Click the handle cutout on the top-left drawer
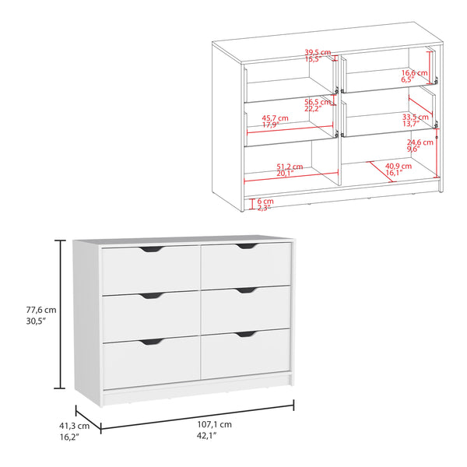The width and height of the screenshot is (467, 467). tap(153, 250)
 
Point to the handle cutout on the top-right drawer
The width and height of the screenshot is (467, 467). tap(248, 247)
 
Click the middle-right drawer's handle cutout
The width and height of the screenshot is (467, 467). tap(247, 291)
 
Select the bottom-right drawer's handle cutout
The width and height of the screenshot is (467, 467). tap(247, 335)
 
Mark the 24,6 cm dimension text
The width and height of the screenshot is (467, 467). tap(420, 142)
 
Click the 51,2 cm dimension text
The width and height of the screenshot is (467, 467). tap(284, 167)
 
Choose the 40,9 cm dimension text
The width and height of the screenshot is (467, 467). tap(392, 167)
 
